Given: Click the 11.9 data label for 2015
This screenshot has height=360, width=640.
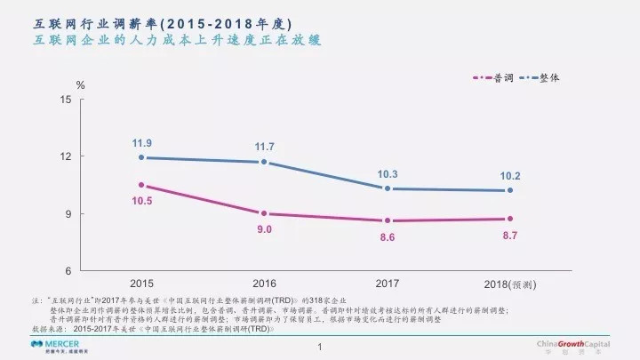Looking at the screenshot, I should tap(141, 143).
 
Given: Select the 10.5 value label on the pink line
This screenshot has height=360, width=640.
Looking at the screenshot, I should tap(141, 201).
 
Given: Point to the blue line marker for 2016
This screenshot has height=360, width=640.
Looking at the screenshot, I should tap(264, 162).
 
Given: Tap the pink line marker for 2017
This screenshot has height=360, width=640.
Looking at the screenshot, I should tap(388, 220).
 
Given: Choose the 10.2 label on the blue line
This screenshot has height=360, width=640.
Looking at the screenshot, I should tap(510, 176).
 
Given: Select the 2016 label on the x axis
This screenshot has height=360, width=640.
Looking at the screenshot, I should tap(264, 284).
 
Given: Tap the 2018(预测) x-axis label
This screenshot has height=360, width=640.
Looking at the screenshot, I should tap(510, 284).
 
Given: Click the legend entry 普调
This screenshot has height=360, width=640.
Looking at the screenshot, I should tap(516, 78).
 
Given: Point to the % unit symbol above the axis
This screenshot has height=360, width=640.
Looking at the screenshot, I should tap(80, 85).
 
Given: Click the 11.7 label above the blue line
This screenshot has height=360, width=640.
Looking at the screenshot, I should tap(264, 147).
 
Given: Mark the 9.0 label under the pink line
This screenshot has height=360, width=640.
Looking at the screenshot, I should tap(264, 229).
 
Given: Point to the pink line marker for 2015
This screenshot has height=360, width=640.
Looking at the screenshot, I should tap(141, 185).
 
